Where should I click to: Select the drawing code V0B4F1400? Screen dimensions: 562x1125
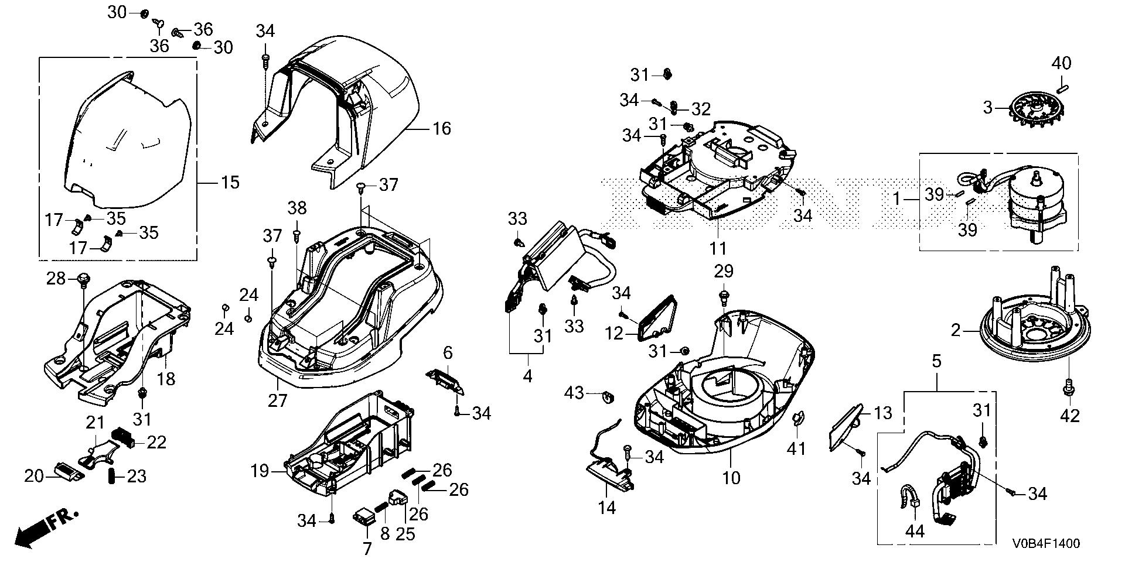1045,544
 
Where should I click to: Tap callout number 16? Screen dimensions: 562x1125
442,128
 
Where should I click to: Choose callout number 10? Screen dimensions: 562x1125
731,478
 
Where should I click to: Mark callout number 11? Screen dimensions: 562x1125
718,248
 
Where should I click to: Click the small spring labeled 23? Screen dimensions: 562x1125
111,475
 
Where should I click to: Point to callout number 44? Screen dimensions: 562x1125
915,531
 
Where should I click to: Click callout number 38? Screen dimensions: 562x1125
296,207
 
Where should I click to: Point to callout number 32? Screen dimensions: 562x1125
701,109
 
